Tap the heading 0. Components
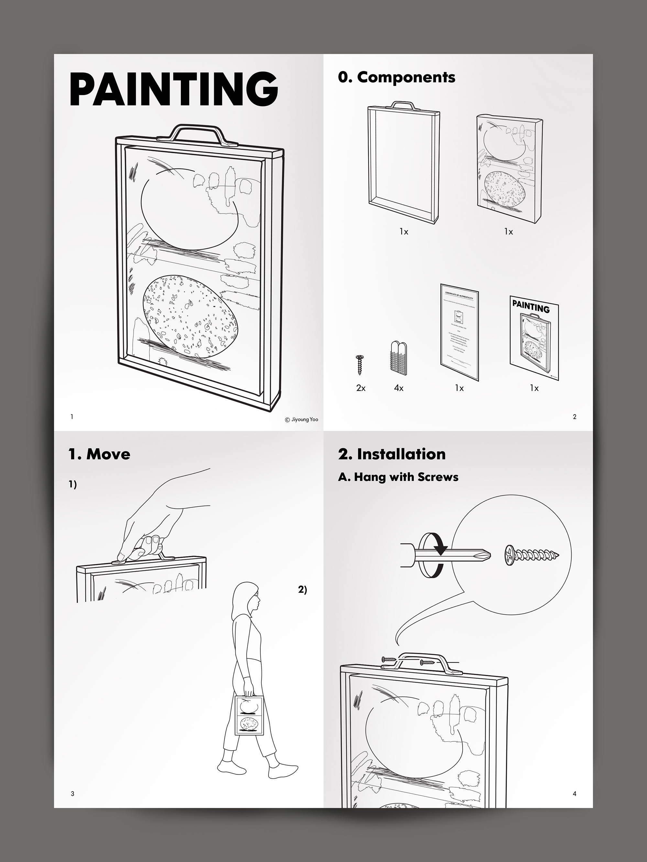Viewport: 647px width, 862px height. (x=396, y=77)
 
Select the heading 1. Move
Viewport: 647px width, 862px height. (x=99, y=454)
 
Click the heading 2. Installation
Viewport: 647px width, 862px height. (x=391, y=454)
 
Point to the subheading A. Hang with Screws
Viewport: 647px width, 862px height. (x=398, y=477)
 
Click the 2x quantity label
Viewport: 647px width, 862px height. (x=361, y=388)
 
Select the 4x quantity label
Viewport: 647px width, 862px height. (x=399, y=388)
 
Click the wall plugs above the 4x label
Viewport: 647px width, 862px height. (x=399, y=358)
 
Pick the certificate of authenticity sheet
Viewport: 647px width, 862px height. (x=459, y=331)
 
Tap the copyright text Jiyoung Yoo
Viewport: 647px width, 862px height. (x=302, y=420)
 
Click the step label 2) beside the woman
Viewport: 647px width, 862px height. (x=303, y=590)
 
